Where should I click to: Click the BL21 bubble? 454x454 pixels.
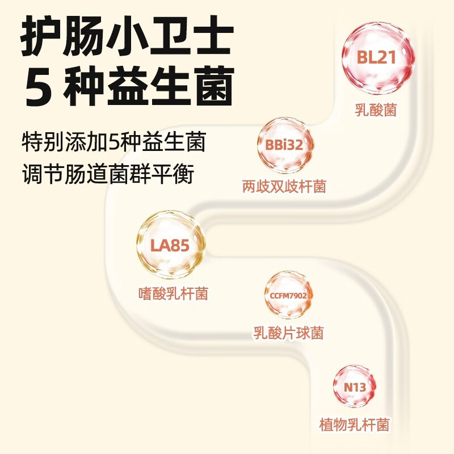pos(376,58)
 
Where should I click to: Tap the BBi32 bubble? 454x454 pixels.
pos(284,145)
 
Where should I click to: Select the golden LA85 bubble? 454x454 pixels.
pos(170,246)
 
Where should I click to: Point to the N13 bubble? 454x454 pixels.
pos(355,388)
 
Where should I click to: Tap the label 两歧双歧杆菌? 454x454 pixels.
pos(284,186)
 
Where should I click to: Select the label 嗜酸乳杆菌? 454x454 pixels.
pos(173,293)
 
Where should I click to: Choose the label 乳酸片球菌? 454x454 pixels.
pos(288,333)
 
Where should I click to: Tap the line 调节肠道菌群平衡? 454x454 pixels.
pos(108,174)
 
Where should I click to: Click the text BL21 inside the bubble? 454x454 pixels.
pos(376,58)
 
